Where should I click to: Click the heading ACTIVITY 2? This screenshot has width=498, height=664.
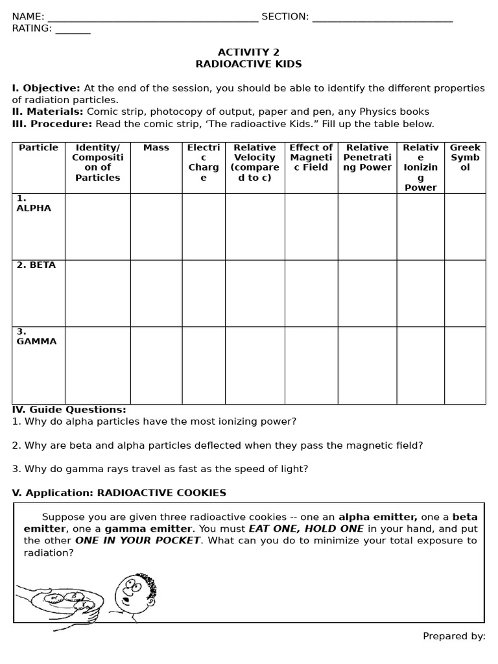click(248, 52)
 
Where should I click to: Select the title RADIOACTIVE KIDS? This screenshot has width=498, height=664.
click(248, 64)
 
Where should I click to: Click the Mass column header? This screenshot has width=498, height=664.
click(156, 148)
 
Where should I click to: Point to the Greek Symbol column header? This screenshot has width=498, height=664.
click(465, 158)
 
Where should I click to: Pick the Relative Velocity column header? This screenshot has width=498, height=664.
click(255, 162)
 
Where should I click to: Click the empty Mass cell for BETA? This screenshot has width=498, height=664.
click(156, 293)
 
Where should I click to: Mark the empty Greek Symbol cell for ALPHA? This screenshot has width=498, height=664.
click(465, 226)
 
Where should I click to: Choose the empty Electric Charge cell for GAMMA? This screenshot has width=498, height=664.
click(204, 365)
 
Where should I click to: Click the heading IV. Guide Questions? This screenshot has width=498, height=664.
click(69, 410)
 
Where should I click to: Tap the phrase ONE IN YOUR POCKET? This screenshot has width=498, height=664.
click(137, 540)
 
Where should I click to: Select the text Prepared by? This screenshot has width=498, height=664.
click(454, 636)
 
